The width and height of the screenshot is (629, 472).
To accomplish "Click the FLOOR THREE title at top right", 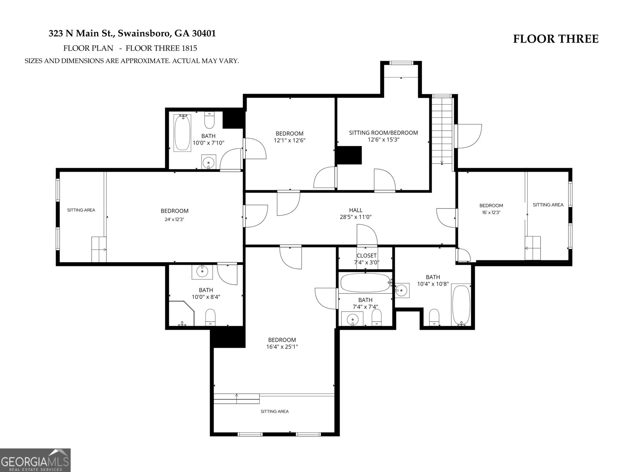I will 555,39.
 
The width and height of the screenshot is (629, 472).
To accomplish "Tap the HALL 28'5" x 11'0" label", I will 355,213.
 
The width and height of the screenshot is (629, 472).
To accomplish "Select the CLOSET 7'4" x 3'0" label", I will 366,259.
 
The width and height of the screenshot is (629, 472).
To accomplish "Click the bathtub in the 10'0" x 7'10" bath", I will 182,133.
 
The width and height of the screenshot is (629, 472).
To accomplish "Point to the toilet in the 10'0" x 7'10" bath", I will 209,120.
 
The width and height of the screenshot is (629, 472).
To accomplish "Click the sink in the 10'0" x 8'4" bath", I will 202,271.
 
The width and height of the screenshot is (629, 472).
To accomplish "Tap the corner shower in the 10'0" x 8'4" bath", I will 181,313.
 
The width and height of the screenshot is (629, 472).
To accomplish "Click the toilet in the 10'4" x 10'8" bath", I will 434,317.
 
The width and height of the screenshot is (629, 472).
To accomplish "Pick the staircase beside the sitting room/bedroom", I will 443,131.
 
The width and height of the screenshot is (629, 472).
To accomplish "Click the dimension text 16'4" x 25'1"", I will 282,347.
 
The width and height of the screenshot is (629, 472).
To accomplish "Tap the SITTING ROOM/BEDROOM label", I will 383,133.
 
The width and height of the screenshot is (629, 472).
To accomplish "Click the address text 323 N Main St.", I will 81,33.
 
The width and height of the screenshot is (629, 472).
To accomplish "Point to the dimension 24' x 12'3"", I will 174,219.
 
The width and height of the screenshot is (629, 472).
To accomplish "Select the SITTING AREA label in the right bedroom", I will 548,205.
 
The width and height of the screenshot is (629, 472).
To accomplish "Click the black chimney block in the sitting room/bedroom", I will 349,155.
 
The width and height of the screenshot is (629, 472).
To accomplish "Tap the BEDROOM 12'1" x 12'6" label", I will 289,136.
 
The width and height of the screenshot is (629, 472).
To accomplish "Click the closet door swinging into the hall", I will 367,235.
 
